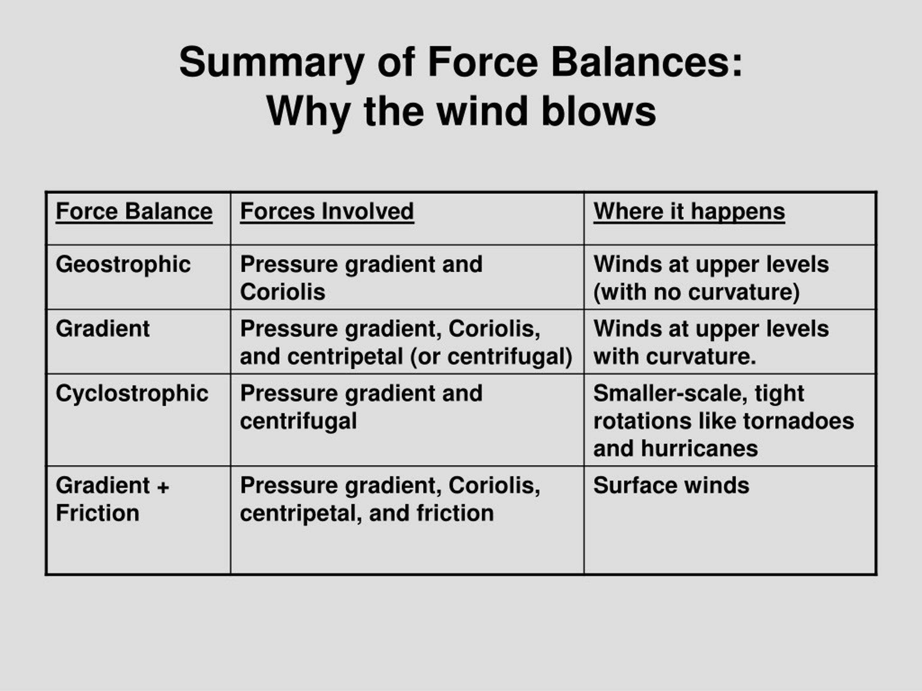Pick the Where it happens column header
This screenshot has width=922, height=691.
click(x=689, y=212)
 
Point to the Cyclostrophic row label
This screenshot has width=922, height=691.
click(x=132, y=394)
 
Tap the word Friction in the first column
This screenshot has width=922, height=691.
click(x=98, y=513)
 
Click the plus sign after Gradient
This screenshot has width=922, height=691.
click(x=164, y=487)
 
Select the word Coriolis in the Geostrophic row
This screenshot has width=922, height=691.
click(x=283, y=292)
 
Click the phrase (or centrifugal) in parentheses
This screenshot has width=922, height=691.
click(x=491, y=357)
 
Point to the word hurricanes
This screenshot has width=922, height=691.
click(x=699, y=449)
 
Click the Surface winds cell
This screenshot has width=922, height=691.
click(x=671, y=485)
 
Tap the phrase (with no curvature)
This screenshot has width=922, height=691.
click(x=697, y=292)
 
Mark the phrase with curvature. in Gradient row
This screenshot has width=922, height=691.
click(x=675, y=357)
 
